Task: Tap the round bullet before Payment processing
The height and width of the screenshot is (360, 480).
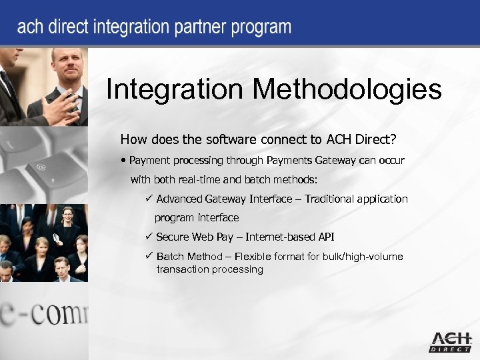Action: click(125, 161)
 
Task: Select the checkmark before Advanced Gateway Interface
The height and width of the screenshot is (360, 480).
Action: click(149, 199)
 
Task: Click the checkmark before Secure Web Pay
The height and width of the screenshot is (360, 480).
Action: click(149, 237)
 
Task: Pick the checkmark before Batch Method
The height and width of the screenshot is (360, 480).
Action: click(149, 256)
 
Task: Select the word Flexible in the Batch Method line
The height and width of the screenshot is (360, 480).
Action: click(258, 256)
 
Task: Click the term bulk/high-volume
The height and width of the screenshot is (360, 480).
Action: click(361, 256)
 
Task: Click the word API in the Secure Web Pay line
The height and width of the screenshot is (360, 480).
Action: click(326, 237)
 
